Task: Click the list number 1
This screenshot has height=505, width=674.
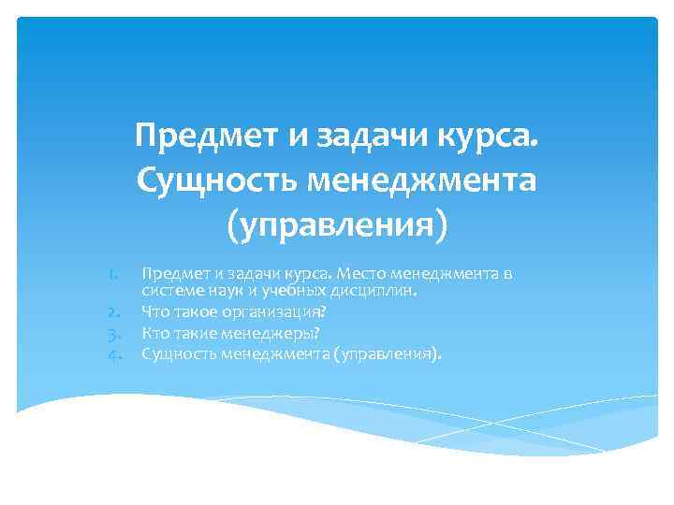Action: (112, 274)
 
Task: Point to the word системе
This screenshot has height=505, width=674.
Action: (168, 291)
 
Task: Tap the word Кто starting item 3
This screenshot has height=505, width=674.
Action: (154, 332)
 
